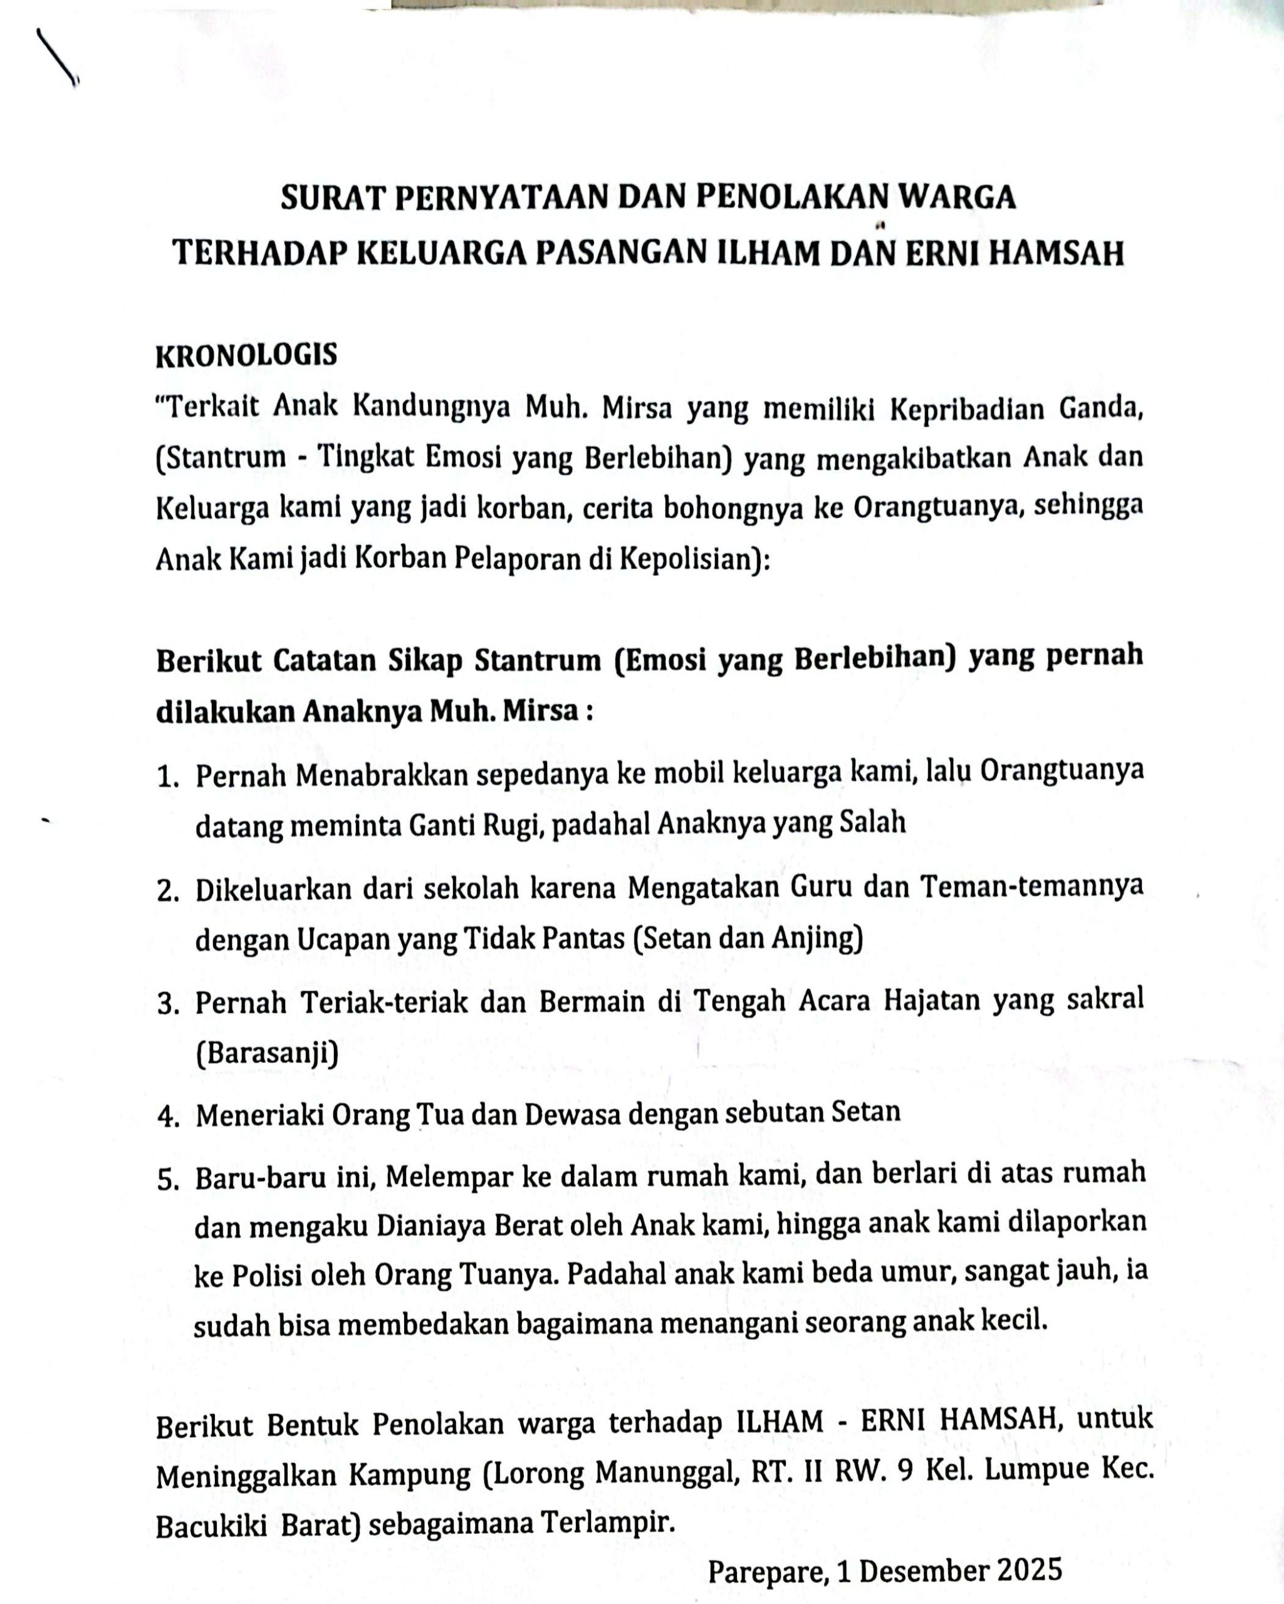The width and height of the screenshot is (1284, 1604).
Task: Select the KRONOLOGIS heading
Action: pos(246,356)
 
